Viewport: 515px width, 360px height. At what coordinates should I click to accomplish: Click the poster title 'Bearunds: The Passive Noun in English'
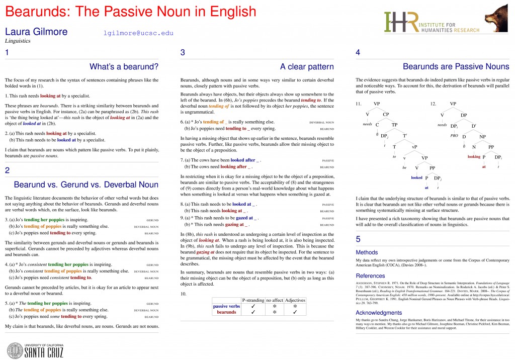pos(131,12)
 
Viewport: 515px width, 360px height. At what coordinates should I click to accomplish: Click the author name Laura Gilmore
pos(36,32)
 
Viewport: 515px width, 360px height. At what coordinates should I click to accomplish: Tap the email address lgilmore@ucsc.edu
pos(138,33)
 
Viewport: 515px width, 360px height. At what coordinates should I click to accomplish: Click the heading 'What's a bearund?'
pos(124,66)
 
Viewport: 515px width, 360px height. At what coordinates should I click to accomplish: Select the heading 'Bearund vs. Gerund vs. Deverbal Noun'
pos(86,184)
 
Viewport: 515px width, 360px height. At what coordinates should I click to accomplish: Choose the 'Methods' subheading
pos(367,252)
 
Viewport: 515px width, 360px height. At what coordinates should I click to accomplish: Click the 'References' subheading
pos(371,276)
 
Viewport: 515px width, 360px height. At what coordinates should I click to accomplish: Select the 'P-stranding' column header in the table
pos(253,300)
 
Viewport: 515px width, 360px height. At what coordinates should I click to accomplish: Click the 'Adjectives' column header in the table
pos(295,300)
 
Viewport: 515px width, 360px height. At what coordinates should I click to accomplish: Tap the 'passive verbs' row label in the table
pos(226,306)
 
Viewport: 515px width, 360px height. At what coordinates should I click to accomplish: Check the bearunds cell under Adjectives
pos(295,312)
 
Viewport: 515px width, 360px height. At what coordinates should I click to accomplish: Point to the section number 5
pos(358,239)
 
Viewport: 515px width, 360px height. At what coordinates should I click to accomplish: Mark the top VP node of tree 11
pos(377,104)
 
